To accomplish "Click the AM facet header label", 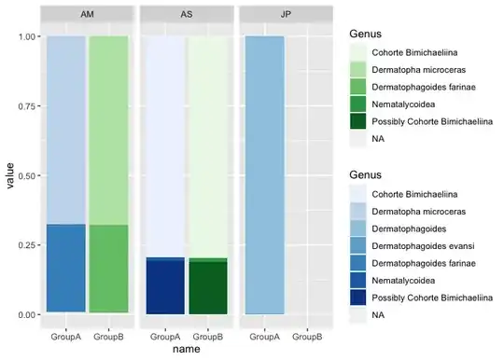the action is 87,14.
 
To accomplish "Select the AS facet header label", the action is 187,14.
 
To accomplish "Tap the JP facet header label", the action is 286,14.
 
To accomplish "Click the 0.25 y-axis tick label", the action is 27,245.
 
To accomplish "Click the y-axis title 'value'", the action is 10,175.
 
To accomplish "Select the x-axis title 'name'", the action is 187,349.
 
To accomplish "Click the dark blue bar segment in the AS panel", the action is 165,285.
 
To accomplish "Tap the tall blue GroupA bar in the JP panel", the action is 265,175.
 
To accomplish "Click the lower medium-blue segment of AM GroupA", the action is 66,269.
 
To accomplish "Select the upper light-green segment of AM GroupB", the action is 108,131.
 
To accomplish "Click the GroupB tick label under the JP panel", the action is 307,337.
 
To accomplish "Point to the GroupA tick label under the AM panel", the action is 66,337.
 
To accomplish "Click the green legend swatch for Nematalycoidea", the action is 357,104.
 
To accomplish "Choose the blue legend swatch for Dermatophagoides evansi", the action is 357,246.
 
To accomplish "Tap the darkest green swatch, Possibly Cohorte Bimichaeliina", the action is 357,121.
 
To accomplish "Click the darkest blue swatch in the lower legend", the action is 357,298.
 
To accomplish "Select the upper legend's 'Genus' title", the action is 366,34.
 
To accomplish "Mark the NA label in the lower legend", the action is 378,315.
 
